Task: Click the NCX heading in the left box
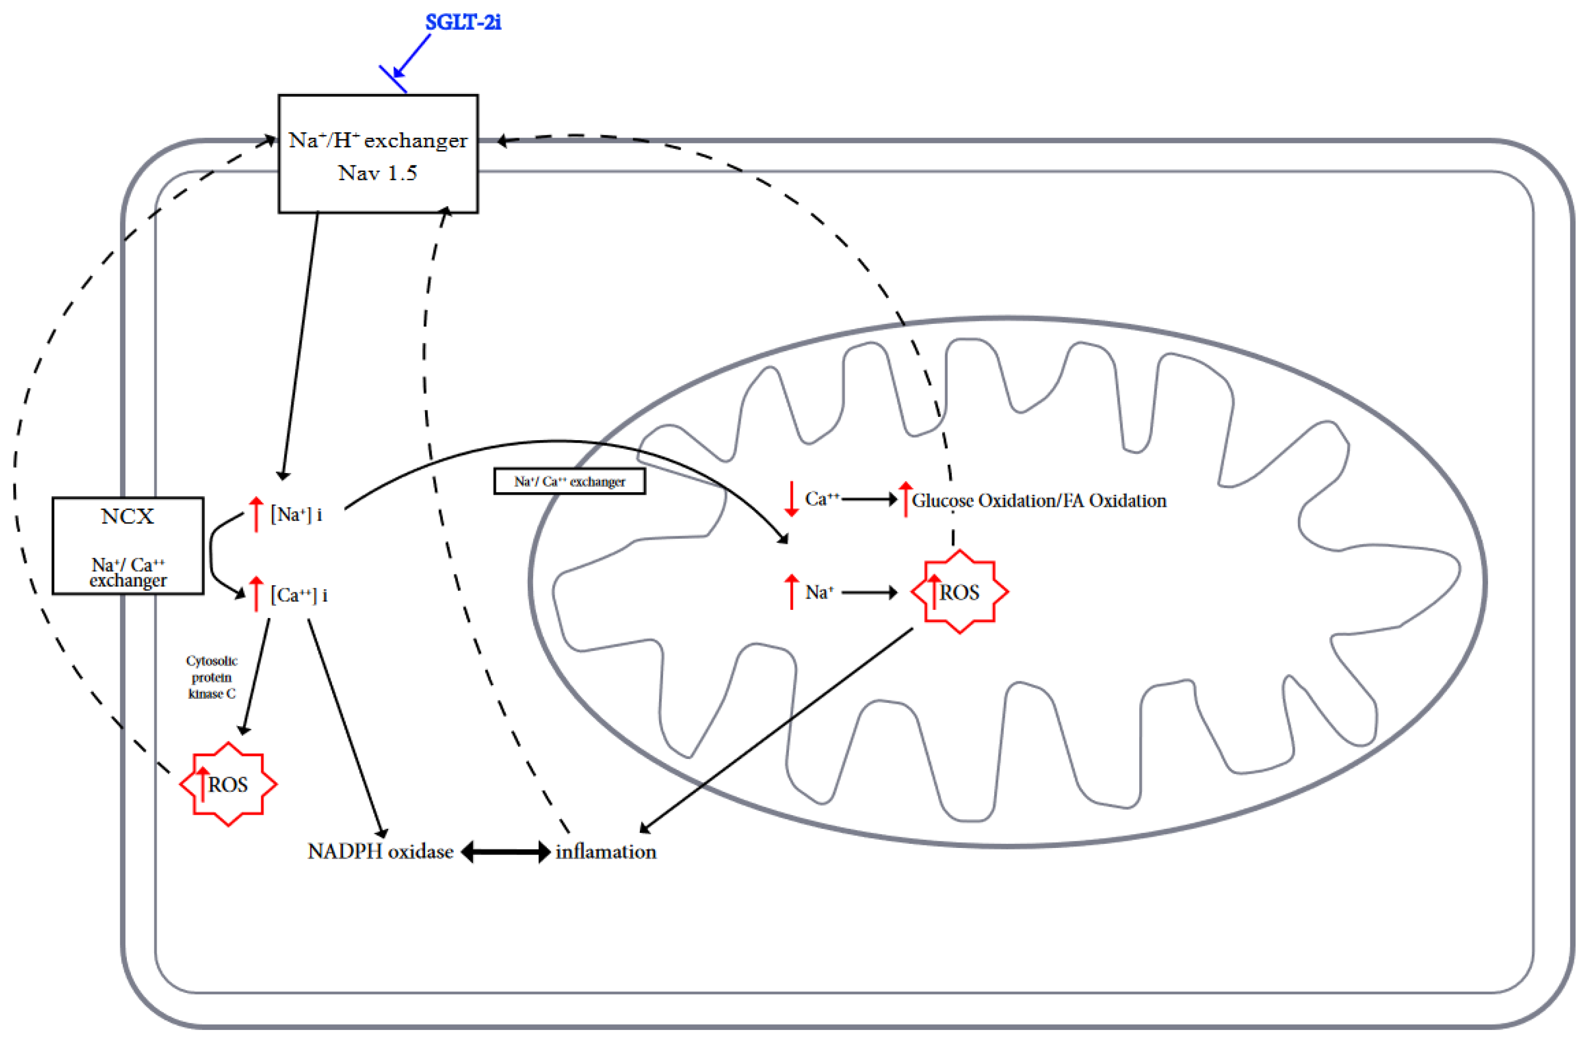point(127,516)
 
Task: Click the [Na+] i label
point(296,514)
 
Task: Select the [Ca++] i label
point(298,594)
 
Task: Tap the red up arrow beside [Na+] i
point(256,513)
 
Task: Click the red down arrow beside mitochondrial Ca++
point(791,499)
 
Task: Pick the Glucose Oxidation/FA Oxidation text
point(1039,500)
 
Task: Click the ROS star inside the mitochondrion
point(959,592)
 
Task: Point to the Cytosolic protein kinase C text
point(212,677)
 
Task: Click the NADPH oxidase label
point(380,851)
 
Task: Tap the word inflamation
point(605,851)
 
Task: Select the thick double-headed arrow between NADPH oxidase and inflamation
point(505,851)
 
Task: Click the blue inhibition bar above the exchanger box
point(393,79)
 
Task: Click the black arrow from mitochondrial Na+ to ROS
point(869,592)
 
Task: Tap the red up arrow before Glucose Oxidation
point(905,499)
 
